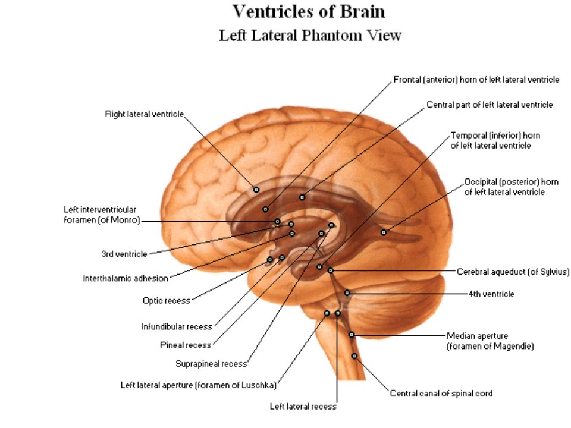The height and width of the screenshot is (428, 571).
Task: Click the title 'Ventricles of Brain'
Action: pos(309,12)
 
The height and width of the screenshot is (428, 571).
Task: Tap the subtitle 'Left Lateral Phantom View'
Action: pos(310,36)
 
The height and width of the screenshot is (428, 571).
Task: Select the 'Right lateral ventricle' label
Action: pos(144,114)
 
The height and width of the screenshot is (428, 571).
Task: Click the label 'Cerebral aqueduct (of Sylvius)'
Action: pos(513,272)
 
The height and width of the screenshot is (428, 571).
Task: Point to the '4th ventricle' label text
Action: pos(491,294)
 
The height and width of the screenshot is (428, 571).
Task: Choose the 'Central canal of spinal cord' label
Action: pos(441,394)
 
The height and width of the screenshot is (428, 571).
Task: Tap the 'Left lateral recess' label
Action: pos(303,406)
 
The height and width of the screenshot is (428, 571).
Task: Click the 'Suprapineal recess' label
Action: pos(211,364)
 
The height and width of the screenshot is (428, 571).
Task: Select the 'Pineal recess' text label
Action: pos(186,345)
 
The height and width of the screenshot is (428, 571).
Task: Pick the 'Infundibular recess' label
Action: pos(177,326)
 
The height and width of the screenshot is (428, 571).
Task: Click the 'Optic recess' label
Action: pos(167,301)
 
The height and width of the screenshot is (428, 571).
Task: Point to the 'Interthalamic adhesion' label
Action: pos(126,278)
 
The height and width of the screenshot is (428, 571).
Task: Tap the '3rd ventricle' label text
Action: pos(124,254)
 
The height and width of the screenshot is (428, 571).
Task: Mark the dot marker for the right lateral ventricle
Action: pos(256,190)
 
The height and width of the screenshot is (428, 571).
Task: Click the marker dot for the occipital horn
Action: pos(384,232)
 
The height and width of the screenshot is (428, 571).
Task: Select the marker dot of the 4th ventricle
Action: pos(347,293)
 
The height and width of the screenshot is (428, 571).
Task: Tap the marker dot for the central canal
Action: pos(354,356)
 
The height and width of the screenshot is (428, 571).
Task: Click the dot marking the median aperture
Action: pos(352,335)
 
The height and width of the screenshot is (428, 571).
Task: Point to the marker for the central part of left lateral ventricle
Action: pos(302,197)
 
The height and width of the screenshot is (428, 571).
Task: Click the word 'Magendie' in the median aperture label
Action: pos(513,346)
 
